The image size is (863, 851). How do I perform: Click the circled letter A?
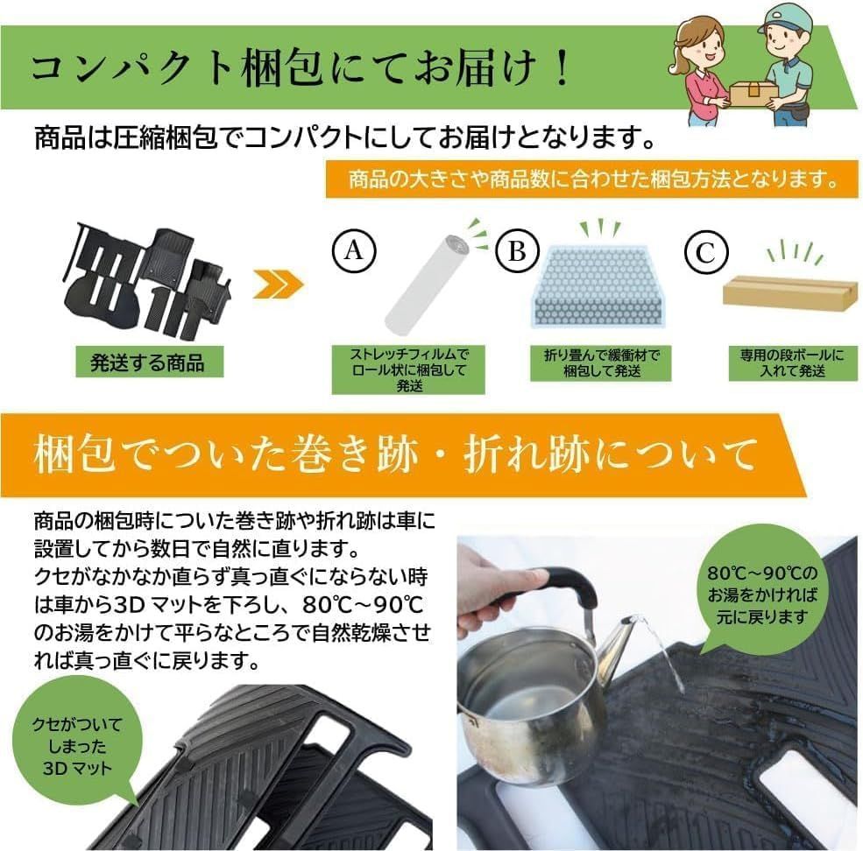[x=353, y=252]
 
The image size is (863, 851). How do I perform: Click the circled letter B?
[x=517, y=252]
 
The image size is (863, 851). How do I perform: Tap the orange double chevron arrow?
[x=278, y=283]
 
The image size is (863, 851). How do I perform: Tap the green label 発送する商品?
[x=147, y=362]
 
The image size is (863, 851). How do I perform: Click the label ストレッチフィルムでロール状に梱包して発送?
[x=409, y=369]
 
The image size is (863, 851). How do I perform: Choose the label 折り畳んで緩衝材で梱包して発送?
[x=601, y=363]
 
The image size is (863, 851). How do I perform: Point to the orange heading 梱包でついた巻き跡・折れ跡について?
[x=394, y=455]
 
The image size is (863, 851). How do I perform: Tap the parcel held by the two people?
[x=752, y=91]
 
